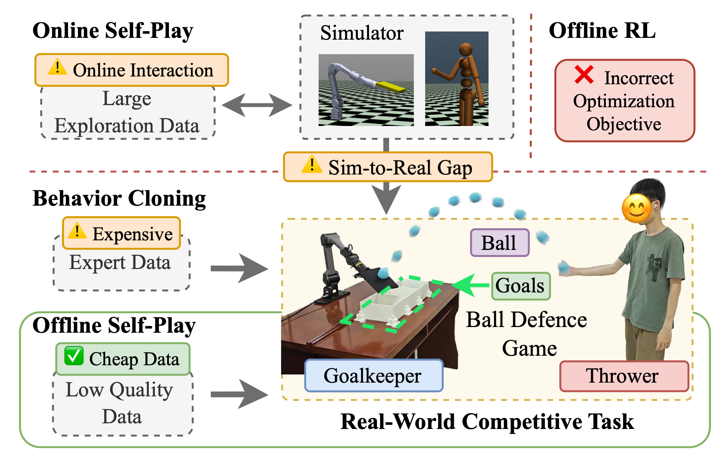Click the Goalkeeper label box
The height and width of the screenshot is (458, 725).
(373, 376)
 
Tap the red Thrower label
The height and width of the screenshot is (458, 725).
(624, 376)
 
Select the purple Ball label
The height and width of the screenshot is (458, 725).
(499, 243)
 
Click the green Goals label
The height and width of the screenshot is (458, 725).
(521, 286)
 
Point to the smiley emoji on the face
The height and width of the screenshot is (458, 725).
(636, 208)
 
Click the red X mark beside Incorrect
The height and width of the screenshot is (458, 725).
(584, 75)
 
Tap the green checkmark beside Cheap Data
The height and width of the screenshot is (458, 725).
(74, 356)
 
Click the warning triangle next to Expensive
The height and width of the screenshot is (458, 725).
(77, 231)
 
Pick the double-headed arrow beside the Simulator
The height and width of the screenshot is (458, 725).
(257, 105)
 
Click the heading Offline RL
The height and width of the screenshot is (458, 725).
(602, 31)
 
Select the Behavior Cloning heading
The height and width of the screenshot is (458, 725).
(119, 199)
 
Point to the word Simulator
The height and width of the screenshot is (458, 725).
(361, 33)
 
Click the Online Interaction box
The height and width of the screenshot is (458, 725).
(132, 70)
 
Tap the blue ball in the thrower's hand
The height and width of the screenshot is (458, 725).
(564, 267)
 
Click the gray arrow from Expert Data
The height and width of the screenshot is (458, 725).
(239, 268)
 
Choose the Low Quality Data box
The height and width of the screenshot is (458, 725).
(122, 403)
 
